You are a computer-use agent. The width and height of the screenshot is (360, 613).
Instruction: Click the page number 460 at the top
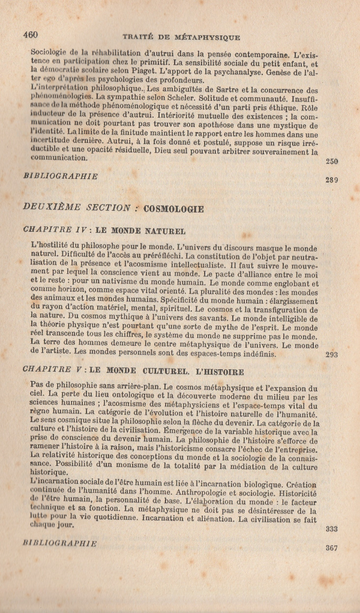point(31,35)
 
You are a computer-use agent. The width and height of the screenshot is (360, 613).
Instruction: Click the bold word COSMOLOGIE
point(174,209)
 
